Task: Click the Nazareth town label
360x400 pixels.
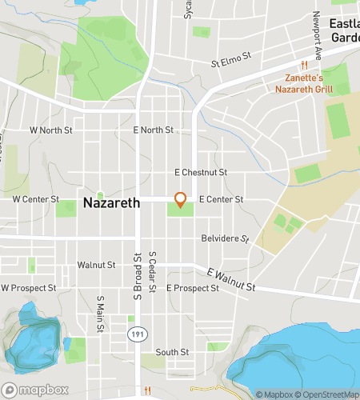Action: pos(111,203)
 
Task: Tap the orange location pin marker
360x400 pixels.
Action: pos(181,200)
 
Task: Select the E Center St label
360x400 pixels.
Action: pos(221,198)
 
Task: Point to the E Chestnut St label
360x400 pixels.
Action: pos(201,172)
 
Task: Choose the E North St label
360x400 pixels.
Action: pos(153,130)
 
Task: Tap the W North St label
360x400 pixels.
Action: pos(50,129)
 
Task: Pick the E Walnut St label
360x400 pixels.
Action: pos(230,280)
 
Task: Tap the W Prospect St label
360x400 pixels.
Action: pos(28,287)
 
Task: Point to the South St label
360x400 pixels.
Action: pos(172,352)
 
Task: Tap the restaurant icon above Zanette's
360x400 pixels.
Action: pos(304,65)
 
